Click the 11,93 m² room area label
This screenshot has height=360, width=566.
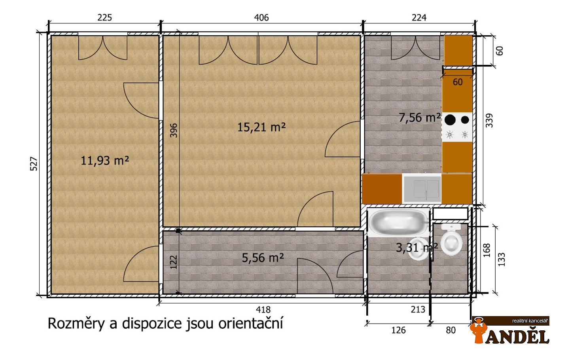pyautogui.click(x=105, y=161)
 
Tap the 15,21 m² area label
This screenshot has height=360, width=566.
pyautogui.click(x=261, y=127)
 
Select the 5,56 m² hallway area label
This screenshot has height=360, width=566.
pyautogui.click(x=263, y=258)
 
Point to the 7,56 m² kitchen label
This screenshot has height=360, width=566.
pyautogui.click(x=420, y=117)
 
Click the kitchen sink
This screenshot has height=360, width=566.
pyautogui.click(x=422, y=189)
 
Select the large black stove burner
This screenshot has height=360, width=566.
pyautogui.click(x=450, y=120)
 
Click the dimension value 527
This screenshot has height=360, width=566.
pyautogui.click(x=34, y=164)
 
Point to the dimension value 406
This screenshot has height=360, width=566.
pyautogui.click(x=261, y=18)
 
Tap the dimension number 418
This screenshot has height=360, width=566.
pyautogui.click(x=263, y=309)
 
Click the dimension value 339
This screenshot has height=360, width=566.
pyautogui.click(x=489, y=121)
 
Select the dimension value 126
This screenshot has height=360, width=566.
pyautogui.click(x=398, y=330)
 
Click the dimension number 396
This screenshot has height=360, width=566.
pyautogui.click(x=174, y=131)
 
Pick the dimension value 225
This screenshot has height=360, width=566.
pyautogui.click(x=104, y=18)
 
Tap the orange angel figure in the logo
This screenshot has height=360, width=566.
pyautogui.click(x=479, y=331)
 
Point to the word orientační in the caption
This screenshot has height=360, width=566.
pyautogui.click(x=251, y=323)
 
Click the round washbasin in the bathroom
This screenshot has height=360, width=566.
pyautogui.click(x=418, y=249)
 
